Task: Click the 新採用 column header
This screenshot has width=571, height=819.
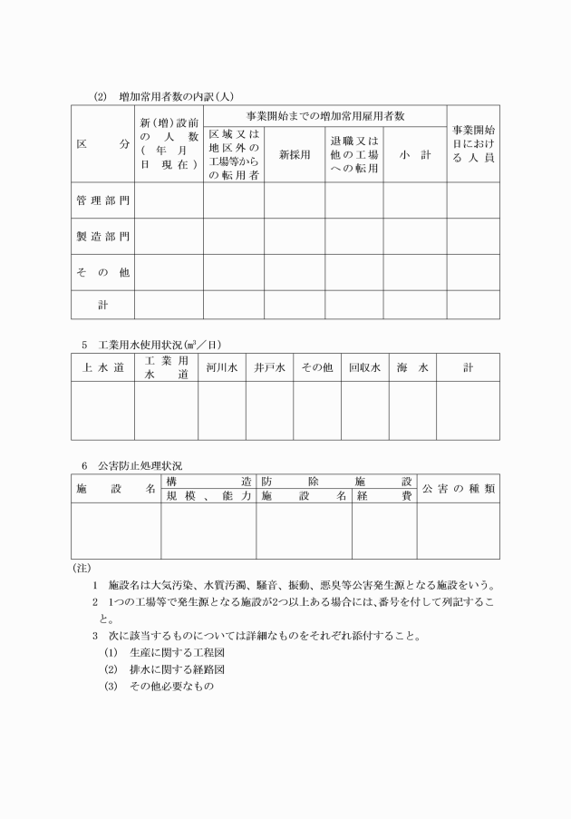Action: pos(295,155)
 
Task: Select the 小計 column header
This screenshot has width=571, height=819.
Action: pos(414,155)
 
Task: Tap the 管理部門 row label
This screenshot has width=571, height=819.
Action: pos(102,200)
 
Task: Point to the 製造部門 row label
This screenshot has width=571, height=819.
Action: pos(102,237)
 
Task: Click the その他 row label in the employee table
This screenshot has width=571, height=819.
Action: pos(102,272)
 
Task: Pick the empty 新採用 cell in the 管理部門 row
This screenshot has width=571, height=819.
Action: pos(295,200)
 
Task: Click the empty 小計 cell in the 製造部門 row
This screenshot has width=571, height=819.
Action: pos(414,237)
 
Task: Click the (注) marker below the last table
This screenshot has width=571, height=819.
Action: pos(80,568)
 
